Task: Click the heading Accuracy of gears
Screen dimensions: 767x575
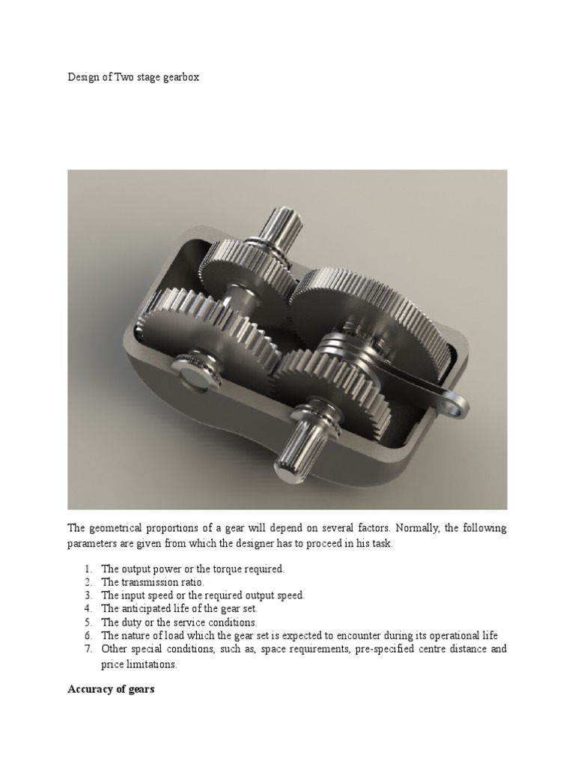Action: (x=111, y=689)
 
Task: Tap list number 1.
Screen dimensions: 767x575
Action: (x=88, y=569)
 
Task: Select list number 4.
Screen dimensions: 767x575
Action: (x=88, y=609)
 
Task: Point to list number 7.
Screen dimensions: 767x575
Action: (x=88, y=649)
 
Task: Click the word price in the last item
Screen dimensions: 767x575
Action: (x=112, y=664)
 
